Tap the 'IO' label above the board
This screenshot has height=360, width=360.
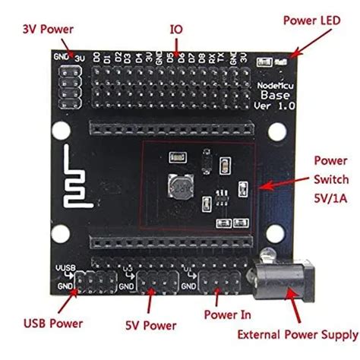[176, 29]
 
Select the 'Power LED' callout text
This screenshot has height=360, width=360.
[312, 20]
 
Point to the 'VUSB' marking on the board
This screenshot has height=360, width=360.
[65, 269]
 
